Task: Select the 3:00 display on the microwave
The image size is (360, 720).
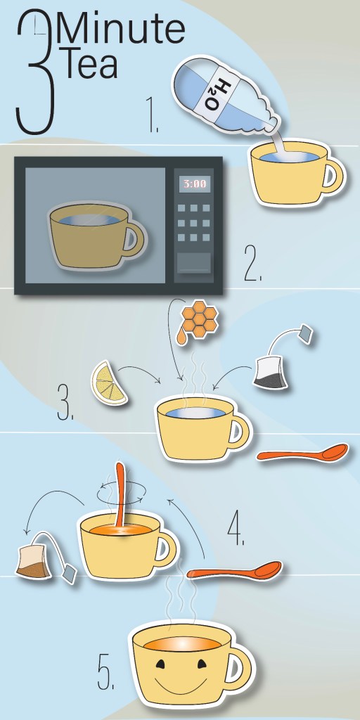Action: click(195, 184)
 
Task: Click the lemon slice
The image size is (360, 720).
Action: click(109, 383)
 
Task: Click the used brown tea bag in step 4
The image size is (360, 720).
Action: click(34, 559)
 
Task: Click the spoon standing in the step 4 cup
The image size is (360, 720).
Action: click(121, 495)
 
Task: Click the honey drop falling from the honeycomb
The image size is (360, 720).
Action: click(181, 335)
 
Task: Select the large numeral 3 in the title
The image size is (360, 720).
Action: click(34, 72)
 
